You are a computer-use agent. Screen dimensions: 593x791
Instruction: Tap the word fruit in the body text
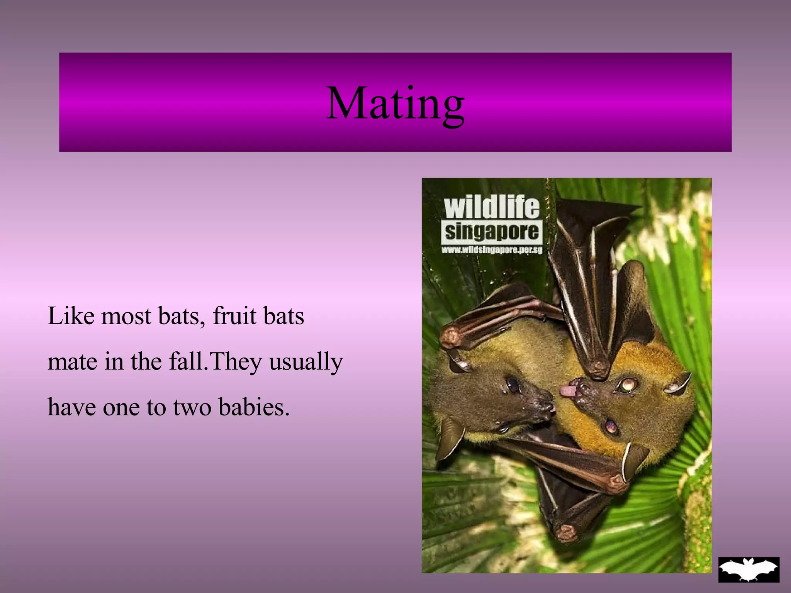coord(234,316)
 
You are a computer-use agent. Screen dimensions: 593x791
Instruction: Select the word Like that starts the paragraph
coord(71,316)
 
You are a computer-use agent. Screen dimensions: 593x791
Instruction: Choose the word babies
coord(254,407)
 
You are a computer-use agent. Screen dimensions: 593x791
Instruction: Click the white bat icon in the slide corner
coord(749,569)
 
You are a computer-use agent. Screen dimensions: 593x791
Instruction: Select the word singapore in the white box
coord(492,232)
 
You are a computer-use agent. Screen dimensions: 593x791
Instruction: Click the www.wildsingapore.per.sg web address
coord(492,250)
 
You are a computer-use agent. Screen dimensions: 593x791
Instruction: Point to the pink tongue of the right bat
coord(567,391)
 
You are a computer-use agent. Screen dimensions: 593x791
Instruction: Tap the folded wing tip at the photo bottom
coord(566,533)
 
